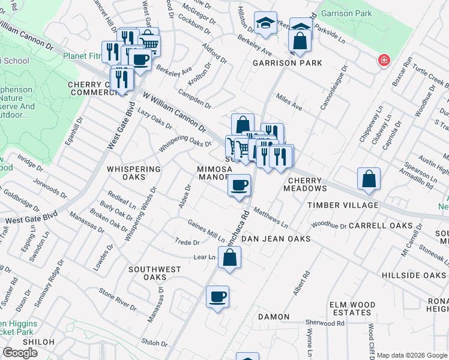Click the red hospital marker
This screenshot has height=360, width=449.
tap(382, 61)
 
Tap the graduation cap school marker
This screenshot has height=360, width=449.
tap(265, 24)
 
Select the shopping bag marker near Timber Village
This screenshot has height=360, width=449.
tap(369, 179)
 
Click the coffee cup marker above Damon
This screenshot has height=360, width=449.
tap(218, 296)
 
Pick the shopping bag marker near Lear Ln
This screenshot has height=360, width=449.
tap(229, 257)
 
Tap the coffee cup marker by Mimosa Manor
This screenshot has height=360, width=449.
tap(240, 185)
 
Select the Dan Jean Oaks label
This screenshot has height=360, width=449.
tap(276, 239)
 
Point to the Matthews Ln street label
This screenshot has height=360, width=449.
tap(270, 217)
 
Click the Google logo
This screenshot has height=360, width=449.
tap(20, 353)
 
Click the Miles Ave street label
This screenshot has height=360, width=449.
tap(289, 103)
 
